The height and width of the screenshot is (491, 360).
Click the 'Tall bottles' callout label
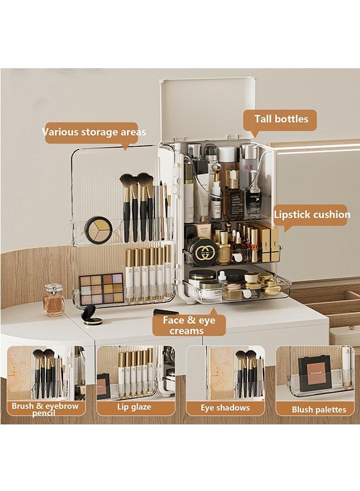coord(281,119)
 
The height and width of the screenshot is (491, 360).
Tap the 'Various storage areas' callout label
coord(94,132)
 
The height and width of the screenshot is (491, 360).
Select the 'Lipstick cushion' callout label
coord(311,214)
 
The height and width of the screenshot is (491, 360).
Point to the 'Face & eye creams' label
coord(188,325)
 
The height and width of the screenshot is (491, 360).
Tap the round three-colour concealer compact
coord(98,230)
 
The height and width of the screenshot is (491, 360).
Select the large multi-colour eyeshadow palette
coord(101,289)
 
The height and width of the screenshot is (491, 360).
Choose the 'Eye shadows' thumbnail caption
coord(225,408)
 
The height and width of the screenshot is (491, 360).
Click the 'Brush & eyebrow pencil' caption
coord(45,409)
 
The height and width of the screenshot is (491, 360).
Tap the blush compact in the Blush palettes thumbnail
coord(315,373)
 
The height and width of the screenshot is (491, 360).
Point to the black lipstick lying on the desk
coord(166,312)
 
